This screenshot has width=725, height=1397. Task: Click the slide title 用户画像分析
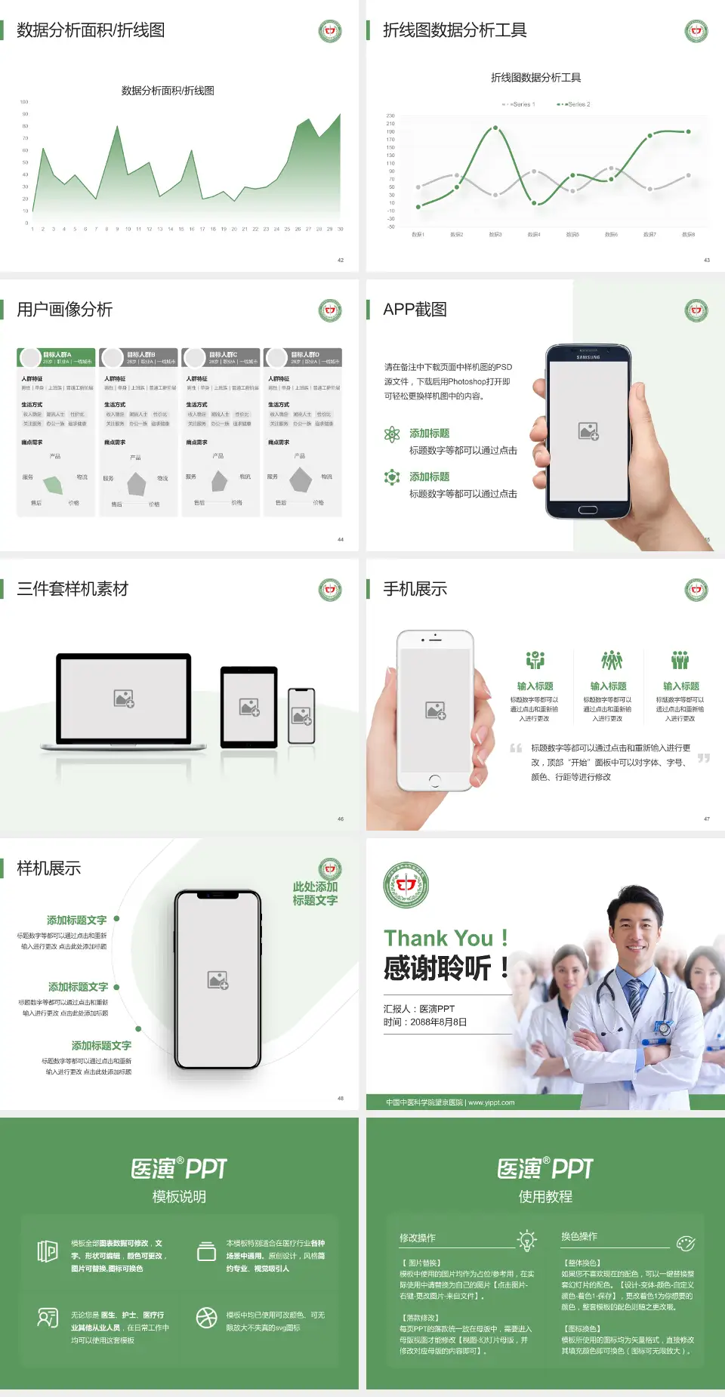coord(65,310)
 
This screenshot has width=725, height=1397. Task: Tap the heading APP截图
coord(415,310)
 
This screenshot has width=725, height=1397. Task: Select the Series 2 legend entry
coord(575,104)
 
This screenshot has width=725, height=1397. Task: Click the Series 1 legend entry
coord(519,104)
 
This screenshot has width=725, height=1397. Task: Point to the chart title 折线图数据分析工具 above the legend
coord(535,78)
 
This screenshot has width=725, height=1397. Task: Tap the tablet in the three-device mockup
coord(249,707)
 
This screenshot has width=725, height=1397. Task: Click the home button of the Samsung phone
coord(588,510)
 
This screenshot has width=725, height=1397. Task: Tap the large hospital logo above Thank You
coord(406,885)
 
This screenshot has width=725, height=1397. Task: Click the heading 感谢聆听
coord(438,968)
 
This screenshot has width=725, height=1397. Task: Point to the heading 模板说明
coord(179,1197)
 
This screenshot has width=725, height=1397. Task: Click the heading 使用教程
coord(545,1197)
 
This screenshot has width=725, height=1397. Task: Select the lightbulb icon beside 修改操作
coord(526,1239)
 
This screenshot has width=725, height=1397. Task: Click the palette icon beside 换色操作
coord(686,1243)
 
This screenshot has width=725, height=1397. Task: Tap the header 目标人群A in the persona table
coord(57,354)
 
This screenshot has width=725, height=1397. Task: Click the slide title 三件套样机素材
coord(72,589)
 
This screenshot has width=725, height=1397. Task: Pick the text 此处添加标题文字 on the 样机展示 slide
coord(315,893)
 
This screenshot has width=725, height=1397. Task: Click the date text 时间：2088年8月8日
coord(425,1022)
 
